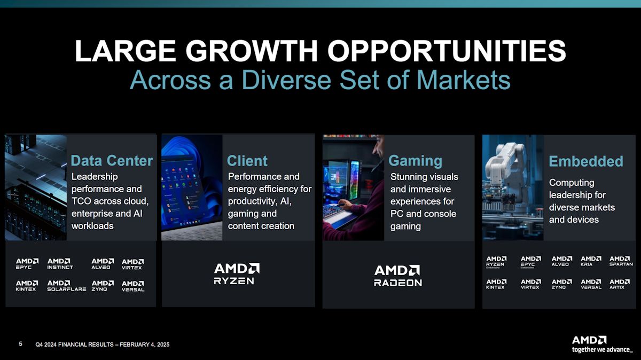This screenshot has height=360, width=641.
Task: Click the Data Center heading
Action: point(112,161)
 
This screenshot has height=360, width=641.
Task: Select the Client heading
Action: point(247,161)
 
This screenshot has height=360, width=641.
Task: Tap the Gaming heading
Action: point(415,161)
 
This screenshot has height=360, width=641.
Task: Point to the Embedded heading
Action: point(585,161)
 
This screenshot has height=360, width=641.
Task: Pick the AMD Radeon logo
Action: point(397,276)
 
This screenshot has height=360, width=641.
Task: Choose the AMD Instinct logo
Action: point(60,264)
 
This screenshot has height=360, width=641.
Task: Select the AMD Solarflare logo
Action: point(66,286)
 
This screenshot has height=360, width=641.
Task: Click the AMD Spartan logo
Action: point(621,261)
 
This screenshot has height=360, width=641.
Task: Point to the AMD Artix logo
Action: point(620,284)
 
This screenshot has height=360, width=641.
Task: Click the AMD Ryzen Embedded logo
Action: point(496,262)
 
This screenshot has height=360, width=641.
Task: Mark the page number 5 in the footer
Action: point(20,345)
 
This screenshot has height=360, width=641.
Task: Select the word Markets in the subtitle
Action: point(463,80)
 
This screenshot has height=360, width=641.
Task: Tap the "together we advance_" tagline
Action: point(602,350)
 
